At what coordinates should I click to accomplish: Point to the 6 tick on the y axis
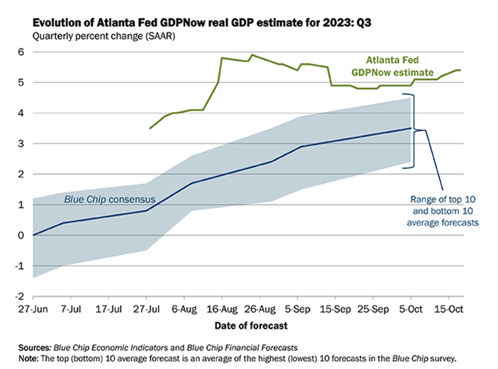[x=22, y=52]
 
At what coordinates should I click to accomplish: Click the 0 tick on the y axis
[x=22, y=235]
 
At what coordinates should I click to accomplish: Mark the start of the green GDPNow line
[x=150, y=128]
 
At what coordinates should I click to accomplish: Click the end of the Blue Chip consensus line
[x=410, y=128]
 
